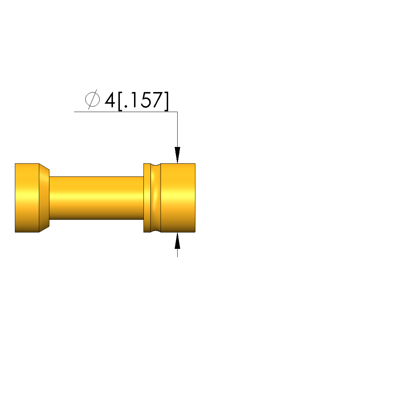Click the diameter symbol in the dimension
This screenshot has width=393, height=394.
92,99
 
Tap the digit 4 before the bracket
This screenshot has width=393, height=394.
110,100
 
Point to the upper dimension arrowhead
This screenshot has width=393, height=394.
177,155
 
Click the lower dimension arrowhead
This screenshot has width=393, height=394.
177,241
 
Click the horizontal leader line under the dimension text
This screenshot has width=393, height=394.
126,112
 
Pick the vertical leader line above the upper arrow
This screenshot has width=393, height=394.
177,130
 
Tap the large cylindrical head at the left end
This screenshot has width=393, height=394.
27,198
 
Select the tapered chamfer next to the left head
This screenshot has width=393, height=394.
44,198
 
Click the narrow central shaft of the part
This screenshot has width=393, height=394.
96,198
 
